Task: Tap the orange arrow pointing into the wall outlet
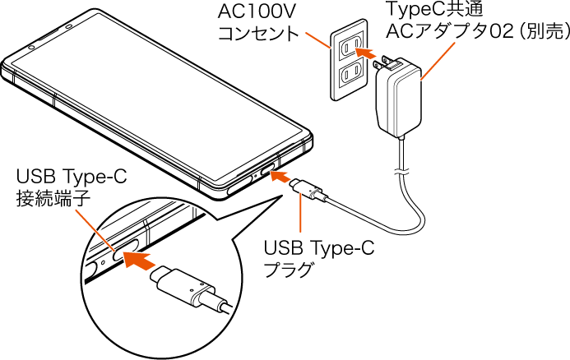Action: coord(355,53)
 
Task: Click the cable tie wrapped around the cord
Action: coord(401,170)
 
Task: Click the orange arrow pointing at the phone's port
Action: coord(280,177)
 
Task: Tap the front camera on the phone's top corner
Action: coord(30,47)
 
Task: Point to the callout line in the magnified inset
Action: coord(95,229)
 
